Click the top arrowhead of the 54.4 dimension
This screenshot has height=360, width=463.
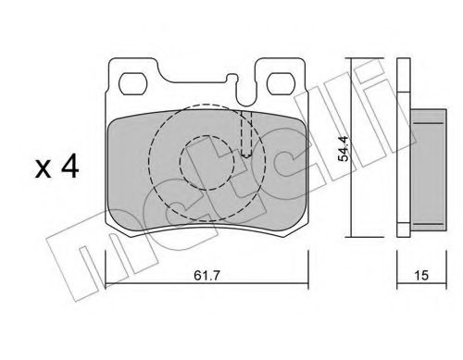(x=352, y=63)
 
